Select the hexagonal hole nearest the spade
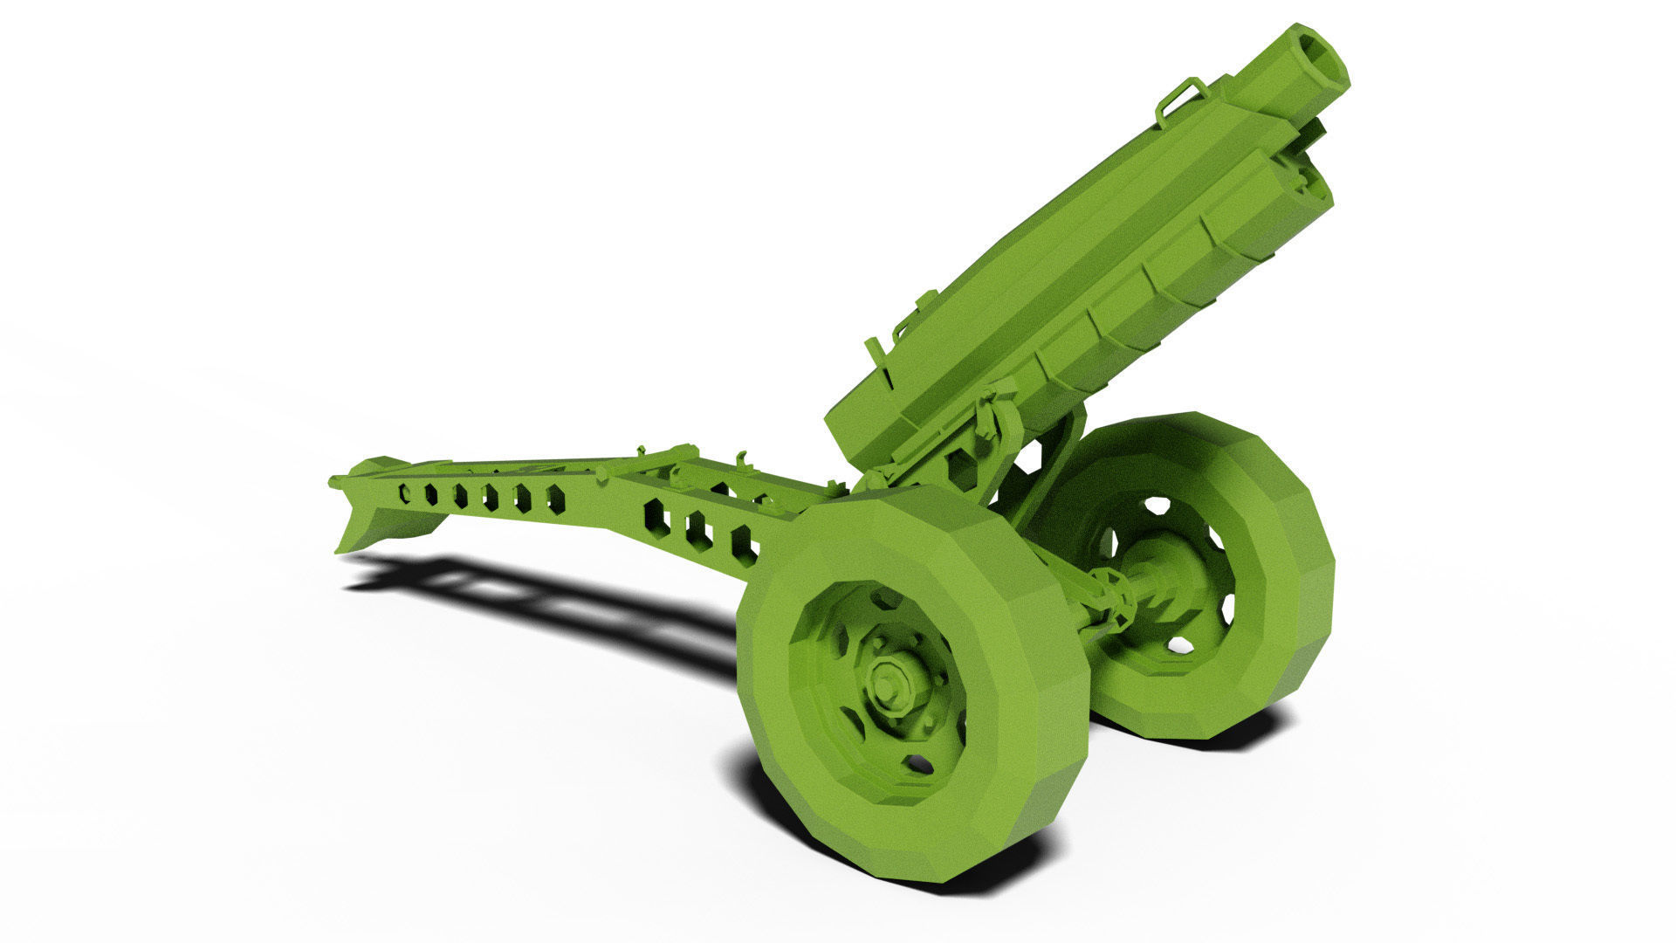click(x=404, y=493)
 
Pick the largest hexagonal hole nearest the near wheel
click(x=744, y=546)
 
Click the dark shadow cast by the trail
click(x=559, y=602)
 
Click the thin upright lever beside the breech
click(x=876, y=358)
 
